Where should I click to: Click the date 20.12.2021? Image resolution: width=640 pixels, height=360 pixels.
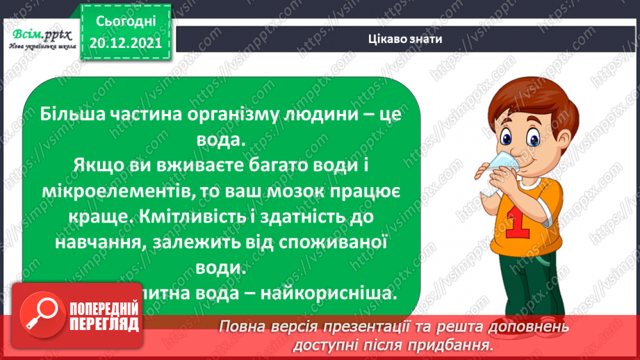coord(126,42)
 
